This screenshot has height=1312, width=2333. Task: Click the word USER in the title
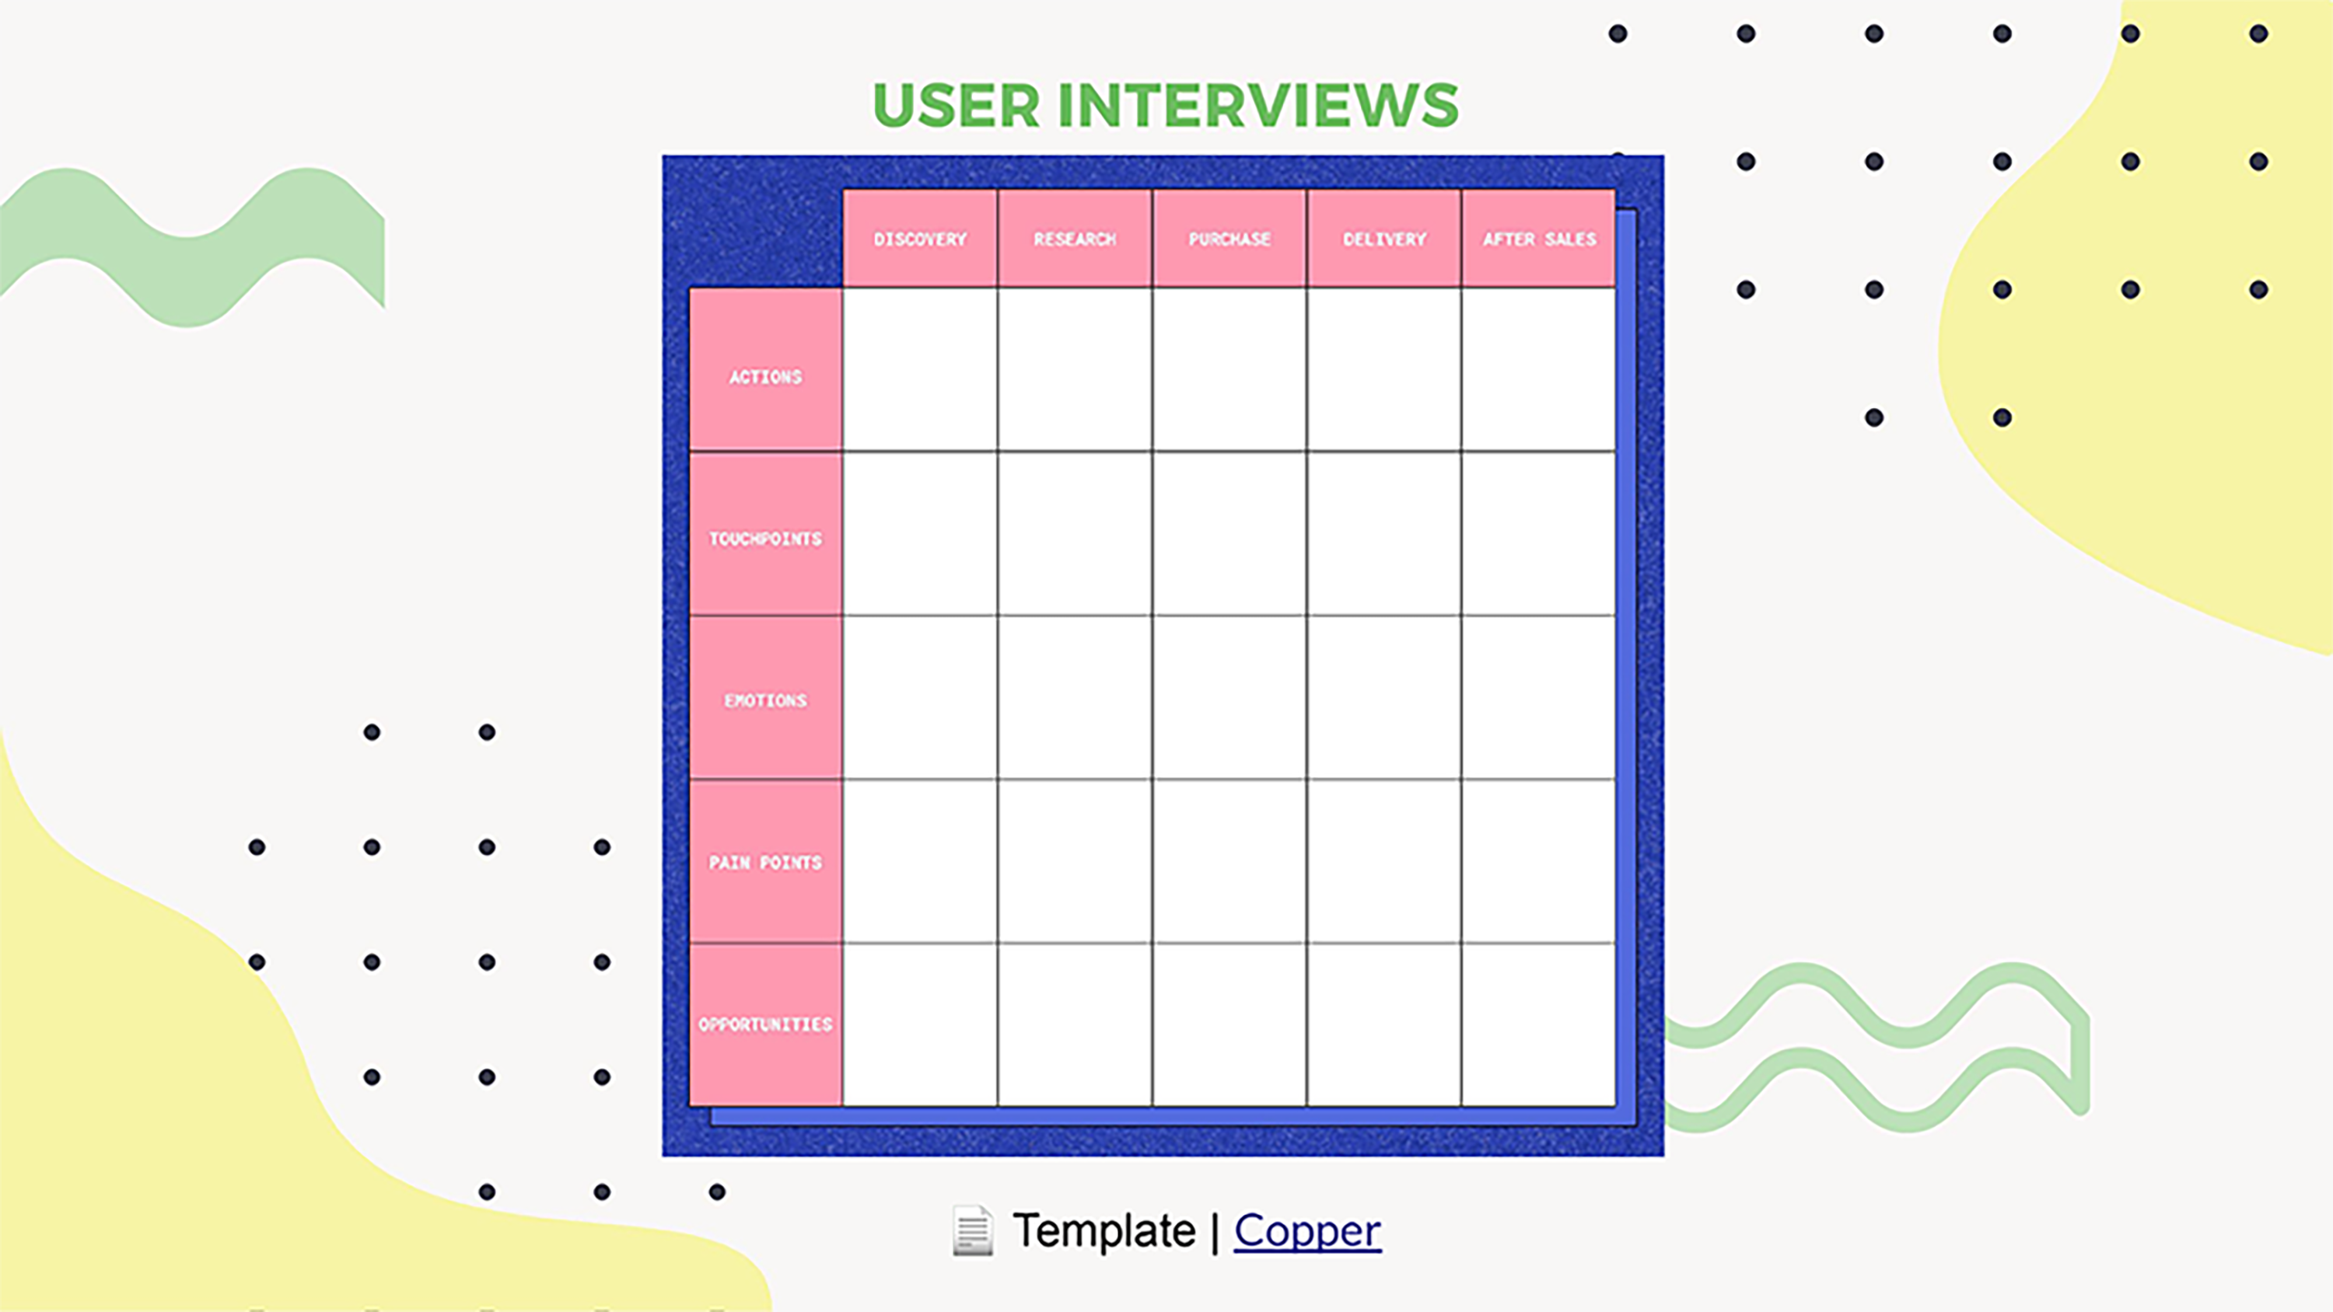956,106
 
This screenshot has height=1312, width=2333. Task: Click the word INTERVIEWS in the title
1257,106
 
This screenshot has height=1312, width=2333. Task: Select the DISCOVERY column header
920,239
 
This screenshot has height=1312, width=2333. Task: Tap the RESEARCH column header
1075,239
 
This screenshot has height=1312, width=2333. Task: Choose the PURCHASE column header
1229,239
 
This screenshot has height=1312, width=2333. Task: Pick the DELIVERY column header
1384,239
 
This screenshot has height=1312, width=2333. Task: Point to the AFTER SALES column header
1539,239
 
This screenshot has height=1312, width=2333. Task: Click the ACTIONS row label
765,377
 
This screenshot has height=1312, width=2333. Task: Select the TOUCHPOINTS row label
765,539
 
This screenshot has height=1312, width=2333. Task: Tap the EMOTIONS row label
765,700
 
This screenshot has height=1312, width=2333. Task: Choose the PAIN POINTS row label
765,862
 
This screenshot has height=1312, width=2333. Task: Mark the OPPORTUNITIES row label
765,1024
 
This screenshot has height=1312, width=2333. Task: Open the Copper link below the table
1307,1231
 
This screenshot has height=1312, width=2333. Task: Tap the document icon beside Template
973,1231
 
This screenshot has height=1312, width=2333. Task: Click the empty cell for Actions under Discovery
920,369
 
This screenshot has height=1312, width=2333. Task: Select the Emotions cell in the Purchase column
1229,697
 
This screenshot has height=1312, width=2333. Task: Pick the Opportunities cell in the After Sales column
1539,1024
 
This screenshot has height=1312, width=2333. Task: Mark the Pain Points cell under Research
1075,861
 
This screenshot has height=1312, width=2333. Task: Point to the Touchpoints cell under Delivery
1384,533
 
